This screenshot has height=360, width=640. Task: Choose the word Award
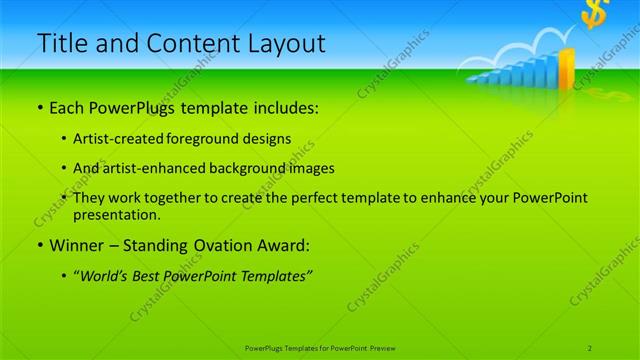point(287,244)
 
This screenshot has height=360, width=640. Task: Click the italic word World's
point(105,275)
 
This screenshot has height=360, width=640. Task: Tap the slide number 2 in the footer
point(590,347)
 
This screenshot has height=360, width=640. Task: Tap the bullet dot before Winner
point(39,245)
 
